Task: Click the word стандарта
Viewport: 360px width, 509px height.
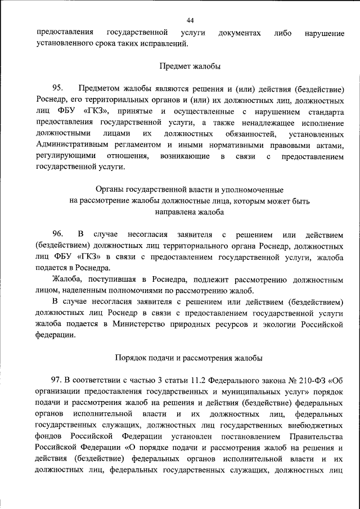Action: pyautogui.click(x=325, y=111)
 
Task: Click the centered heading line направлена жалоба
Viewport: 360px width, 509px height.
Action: pyautogui.click(x=190, y=212)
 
